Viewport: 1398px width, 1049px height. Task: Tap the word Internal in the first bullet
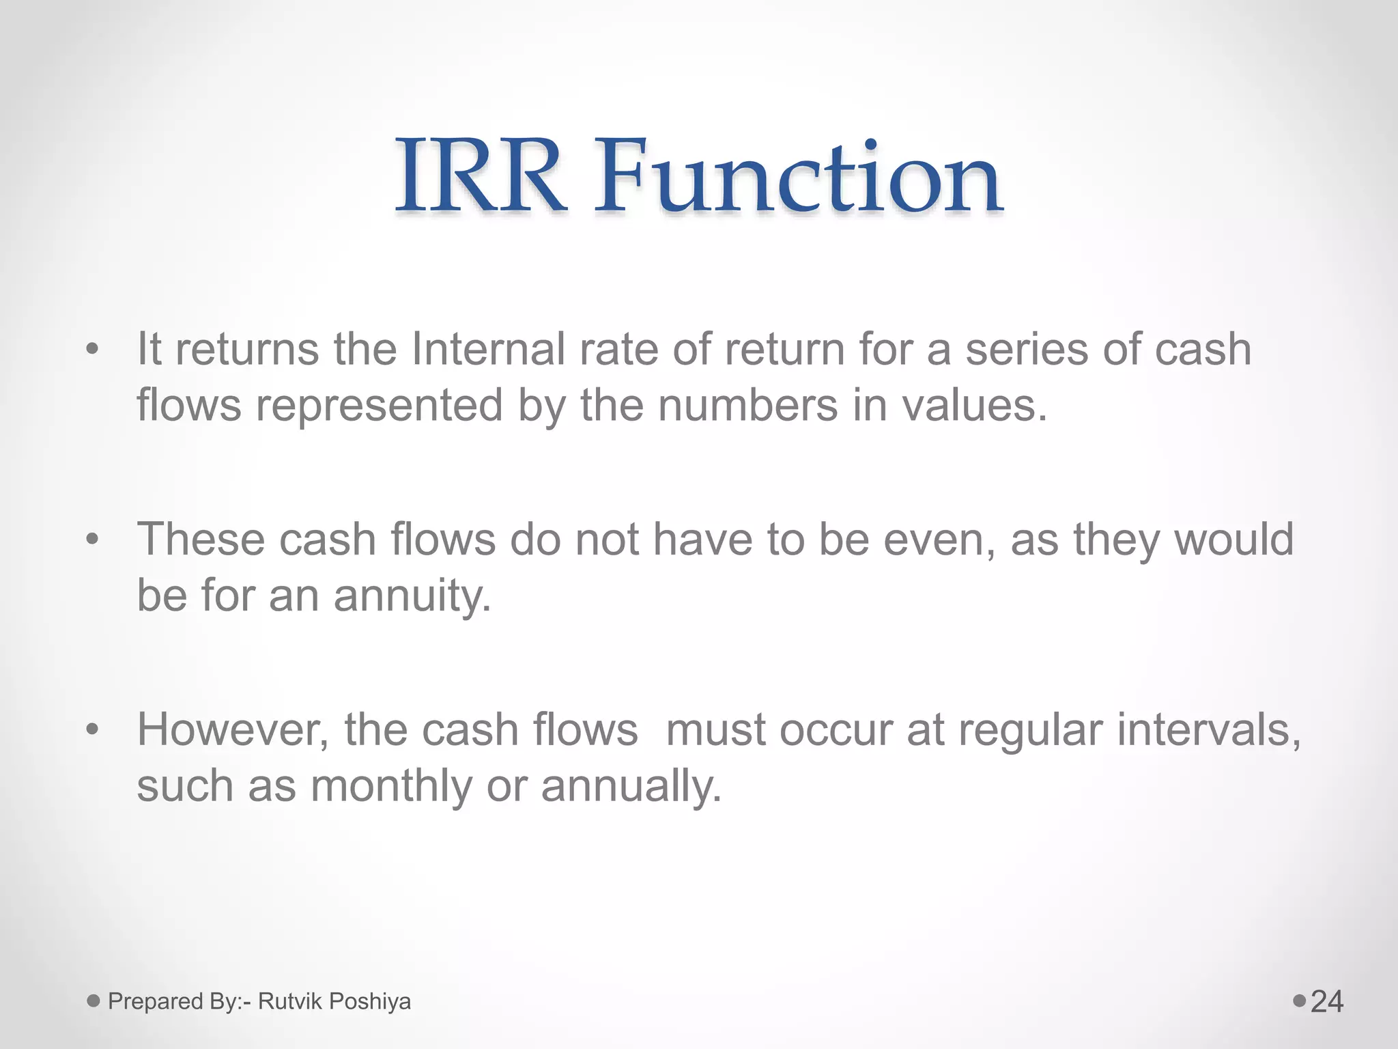(488, 349)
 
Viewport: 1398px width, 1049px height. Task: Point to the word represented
(379, 405)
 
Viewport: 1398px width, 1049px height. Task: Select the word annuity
(412, 596)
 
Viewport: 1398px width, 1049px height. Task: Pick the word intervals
(1209, 730)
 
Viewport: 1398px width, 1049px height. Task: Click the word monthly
(391, 786)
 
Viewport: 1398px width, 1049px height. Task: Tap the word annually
(631, 786)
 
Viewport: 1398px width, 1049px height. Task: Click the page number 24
(1327, 1002)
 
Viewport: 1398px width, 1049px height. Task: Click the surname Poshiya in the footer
(370, 1001)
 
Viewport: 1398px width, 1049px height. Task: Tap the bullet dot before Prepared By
(94, 1001)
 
